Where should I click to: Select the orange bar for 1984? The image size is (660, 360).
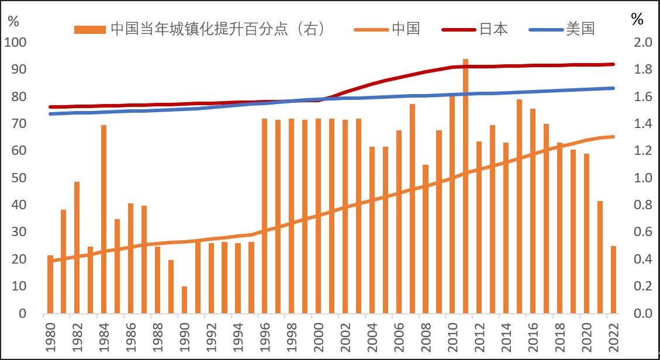pyautogui.click(x=103, y=219)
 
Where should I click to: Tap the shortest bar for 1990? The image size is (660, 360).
pyautogui.click(x=184, y=300)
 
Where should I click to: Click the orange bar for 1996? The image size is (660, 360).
pyautogui.click(x=264, y=216)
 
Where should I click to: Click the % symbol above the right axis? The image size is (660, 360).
pyautogui.click(x=637, y=19)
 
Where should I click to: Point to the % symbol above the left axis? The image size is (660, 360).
pyautogui.click(x=13, y=21)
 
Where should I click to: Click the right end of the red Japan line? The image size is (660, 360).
pyautogui.click(x=613, y=64)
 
